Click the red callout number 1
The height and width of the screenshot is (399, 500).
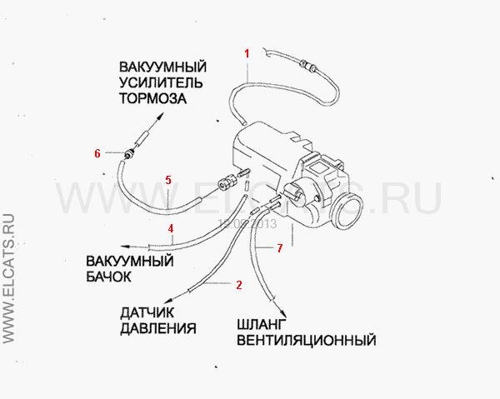(x=247, y=53)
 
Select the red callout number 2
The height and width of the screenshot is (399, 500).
(x=239, y=285)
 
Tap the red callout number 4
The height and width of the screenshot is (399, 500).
(x=171, y=228)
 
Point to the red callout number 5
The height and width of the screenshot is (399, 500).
(x=168, y=180)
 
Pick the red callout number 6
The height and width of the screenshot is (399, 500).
(x=97, y=153)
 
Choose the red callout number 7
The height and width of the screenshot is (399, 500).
(x=280, y=248)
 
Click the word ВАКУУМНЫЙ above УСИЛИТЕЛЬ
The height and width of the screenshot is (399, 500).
(x=163, y=67)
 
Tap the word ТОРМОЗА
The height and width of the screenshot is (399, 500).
(x=153, y=98)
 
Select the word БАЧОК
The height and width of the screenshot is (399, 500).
(x=108, y=277)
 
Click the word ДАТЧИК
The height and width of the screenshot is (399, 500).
(x=147, y=312)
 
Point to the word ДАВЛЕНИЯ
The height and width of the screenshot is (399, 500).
(x=158, y=328)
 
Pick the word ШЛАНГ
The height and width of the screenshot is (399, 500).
(x=261, y=324)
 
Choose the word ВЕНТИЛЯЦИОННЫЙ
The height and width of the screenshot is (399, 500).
(x=307, y=340)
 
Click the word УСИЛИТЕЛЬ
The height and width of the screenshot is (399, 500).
(x=161, y=82)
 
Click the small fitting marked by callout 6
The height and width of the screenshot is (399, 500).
(x=129, y=155)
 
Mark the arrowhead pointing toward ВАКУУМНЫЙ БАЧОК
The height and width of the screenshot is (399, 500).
(x=124, y=247)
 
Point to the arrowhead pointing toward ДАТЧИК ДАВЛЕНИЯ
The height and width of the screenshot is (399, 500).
(x=167, y=301)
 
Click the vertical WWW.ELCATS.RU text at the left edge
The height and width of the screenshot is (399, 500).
(x=8, y=279)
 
